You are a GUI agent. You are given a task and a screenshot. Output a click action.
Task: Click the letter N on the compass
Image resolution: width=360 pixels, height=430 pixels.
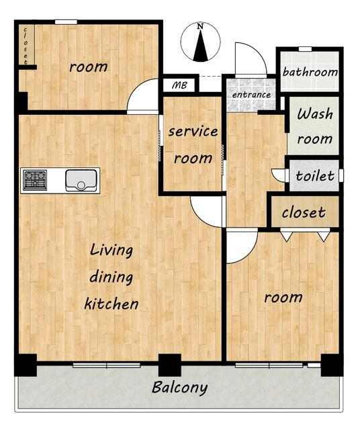point(200,27)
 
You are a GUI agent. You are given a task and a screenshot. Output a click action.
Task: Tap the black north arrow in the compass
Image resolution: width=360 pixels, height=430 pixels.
point(200,46)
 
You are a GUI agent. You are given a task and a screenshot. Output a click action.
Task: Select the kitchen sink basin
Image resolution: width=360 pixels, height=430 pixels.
point(81,181)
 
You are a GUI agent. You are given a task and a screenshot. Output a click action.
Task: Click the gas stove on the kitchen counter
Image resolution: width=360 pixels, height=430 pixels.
point(35,180)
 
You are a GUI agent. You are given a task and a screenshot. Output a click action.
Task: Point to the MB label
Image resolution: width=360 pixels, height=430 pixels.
point(179,85)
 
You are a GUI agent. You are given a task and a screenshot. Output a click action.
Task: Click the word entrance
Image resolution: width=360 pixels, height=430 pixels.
point(251,95)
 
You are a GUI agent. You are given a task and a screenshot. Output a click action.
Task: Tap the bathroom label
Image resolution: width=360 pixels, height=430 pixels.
point(310,72)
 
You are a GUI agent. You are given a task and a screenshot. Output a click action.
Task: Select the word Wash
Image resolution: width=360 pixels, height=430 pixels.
point(315,114)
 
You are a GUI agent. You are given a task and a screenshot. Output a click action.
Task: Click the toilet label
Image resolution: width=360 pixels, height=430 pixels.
point(315,175)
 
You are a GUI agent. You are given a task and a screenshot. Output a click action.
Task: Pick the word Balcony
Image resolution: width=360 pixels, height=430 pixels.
point(179,388)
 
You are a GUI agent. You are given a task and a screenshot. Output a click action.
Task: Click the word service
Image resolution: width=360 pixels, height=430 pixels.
point(193,132)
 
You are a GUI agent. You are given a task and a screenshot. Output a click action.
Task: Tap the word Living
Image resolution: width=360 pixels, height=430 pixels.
point(111,251)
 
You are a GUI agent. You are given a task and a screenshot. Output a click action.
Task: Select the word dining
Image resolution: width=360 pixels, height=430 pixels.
point(111,277)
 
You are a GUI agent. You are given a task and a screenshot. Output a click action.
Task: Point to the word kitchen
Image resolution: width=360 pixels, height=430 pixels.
point(111,303)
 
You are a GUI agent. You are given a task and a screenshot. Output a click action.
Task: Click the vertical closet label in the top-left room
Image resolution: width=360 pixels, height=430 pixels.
point(26,46)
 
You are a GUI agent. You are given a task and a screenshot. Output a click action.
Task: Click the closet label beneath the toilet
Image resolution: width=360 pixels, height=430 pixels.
point(304,212)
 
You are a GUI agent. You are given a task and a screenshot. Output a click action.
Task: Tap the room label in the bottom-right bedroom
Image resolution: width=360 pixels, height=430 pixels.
point(283,297)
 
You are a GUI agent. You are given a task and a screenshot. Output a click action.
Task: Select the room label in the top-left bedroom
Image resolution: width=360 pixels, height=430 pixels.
point(88,67)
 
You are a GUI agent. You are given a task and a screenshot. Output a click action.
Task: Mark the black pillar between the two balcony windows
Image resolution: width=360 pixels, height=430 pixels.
point(170,365)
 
